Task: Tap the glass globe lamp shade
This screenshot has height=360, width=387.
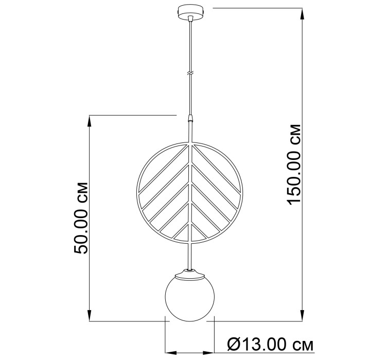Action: click(189, 299)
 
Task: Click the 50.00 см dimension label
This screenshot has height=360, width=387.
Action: click(80, 218)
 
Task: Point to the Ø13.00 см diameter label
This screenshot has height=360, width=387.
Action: click(270, 344)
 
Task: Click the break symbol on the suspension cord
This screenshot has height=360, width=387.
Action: click(190, 73)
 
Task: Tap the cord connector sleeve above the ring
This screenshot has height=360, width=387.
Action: click(190, 118)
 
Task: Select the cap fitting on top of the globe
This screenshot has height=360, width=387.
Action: click(190, 274)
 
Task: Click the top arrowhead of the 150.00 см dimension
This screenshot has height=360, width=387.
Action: click(303, 14)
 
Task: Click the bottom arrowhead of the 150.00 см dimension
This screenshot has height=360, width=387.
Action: click(303, 315)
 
